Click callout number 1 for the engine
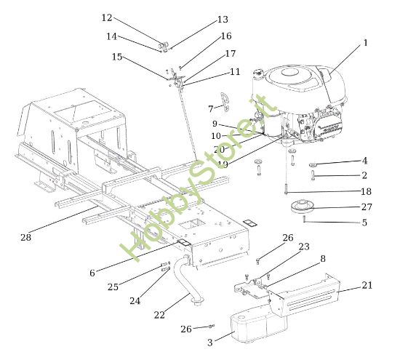click(365, 43)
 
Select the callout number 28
click(26, 238)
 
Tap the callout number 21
click(366, 286)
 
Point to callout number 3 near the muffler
click(210, 342)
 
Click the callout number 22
click(159, 315)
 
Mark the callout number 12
click(107, 17)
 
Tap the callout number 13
click(223, 20)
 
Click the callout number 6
click(92, 273)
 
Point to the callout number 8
click(322, 257)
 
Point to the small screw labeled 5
click(305, 220)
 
